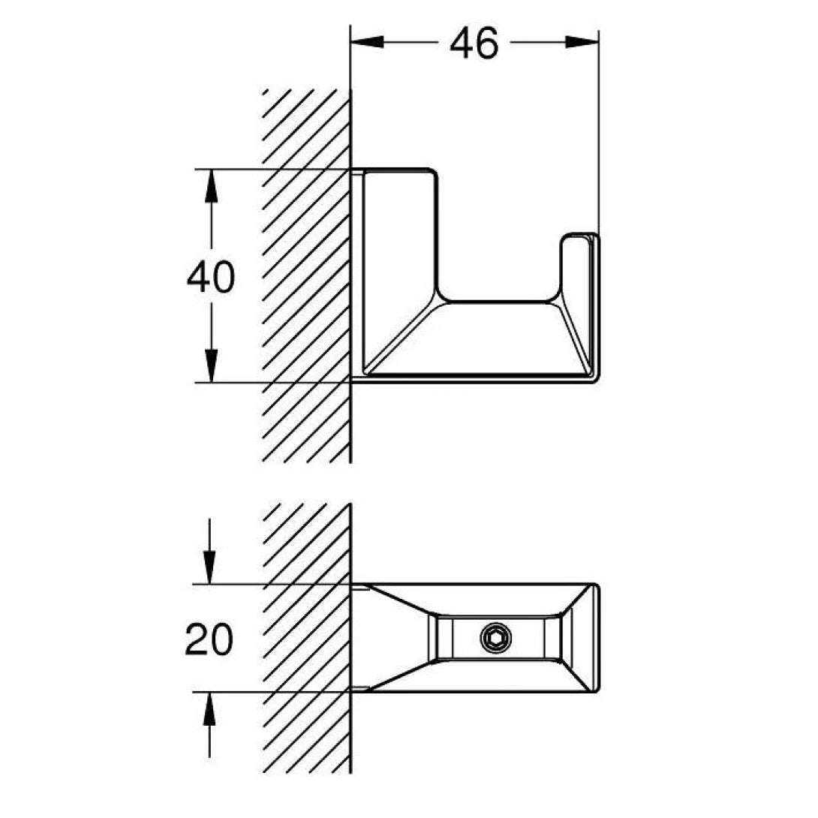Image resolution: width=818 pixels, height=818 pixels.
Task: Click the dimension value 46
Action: (474, 44)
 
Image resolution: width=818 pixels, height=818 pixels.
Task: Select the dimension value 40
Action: (210, 278)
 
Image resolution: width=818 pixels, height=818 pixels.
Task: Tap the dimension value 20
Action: (209, 640)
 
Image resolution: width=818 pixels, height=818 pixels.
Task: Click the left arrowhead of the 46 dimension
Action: (367, 44)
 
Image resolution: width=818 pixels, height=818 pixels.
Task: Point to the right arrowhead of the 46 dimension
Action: (583, 44)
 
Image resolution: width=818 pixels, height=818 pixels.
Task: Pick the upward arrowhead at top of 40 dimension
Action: (211, 185)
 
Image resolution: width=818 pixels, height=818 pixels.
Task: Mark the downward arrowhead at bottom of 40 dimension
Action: (211, 368)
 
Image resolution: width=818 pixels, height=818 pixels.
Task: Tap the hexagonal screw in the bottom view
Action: (496, 639)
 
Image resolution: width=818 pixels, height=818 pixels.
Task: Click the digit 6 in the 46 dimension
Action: (487, 44)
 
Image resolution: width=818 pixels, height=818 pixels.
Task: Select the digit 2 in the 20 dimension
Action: (197, 640)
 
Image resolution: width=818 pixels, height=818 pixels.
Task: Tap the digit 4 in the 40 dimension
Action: (198, 278)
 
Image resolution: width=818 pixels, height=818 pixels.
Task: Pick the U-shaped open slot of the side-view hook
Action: (499, 248)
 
